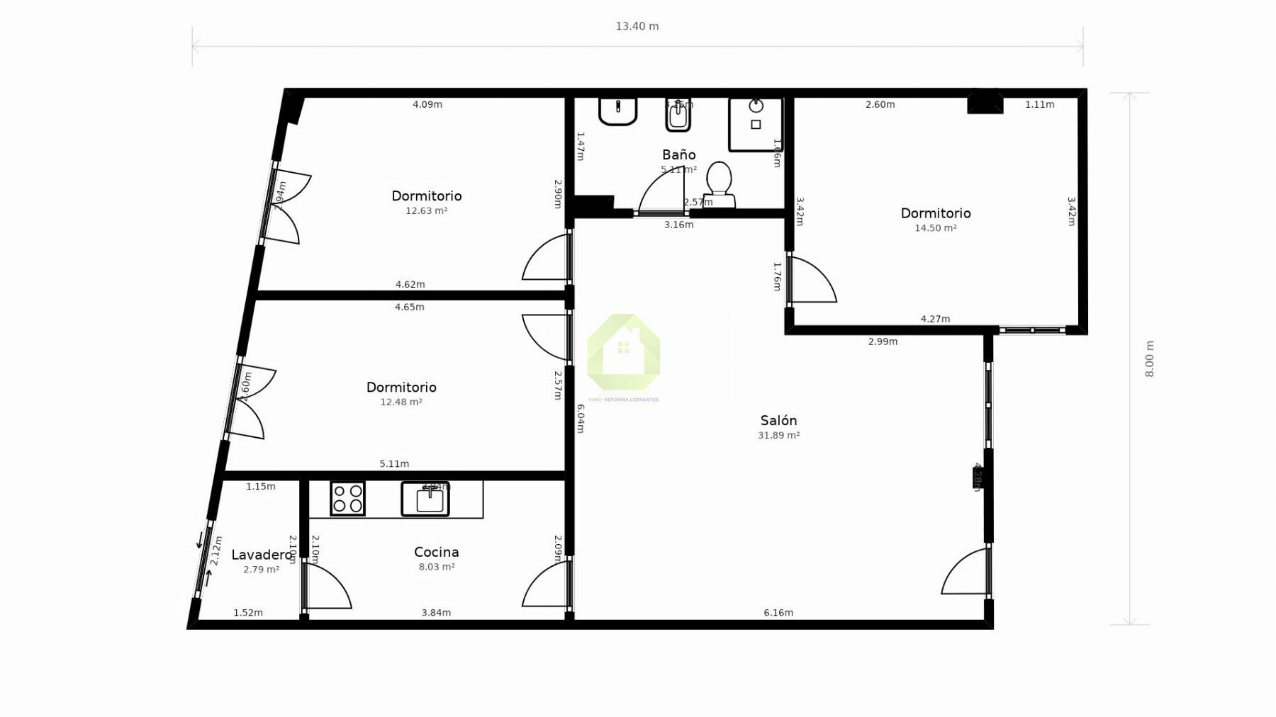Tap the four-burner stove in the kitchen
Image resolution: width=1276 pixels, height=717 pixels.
[x=347, y=498]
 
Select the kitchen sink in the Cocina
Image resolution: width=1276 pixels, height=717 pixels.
[x=425, y=499]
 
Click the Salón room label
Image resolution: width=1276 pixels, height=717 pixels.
[x=778, y=421]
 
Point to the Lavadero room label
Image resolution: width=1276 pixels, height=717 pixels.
[x=262, y=555]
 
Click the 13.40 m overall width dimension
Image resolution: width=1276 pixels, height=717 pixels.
[x=637, y=26]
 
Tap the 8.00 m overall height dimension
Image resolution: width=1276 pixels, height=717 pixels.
[x=1149, y=359]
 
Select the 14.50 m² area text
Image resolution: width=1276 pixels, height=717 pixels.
[x=935, y=228]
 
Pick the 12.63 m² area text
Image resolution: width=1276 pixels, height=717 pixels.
[x=426, y=210]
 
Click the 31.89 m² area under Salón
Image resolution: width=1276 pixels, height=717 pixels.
[x=778, y=435]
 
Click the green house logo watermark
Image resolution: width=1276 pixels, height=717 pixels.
[x=623, y=352]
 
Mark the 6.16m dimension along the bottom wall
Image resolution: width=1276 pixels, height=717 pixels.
[x=778, y=613]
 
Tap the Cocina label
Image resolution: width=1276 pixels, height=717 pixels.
[x=436, y=552]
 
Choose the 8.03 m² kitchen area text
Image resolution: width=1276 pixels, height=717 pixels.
[x=436, y=567]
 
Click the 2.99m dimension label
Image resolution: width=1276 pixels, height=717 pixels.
[x=883, y=341]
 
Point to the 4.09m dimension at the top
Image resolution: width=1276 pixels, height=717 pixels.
[x=427, y=105]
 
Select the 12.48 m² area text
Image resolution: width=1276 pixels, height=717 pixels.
[x=401, y=402]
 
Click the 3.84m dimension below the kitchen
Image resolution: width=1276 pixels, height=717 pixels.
[x=436, y=613]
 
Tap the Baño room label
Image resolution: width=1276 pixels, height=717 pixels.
[x=678, y=154]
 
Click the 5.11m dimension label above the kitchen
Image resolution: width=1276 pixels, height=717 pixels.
[x=394, y=464]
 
